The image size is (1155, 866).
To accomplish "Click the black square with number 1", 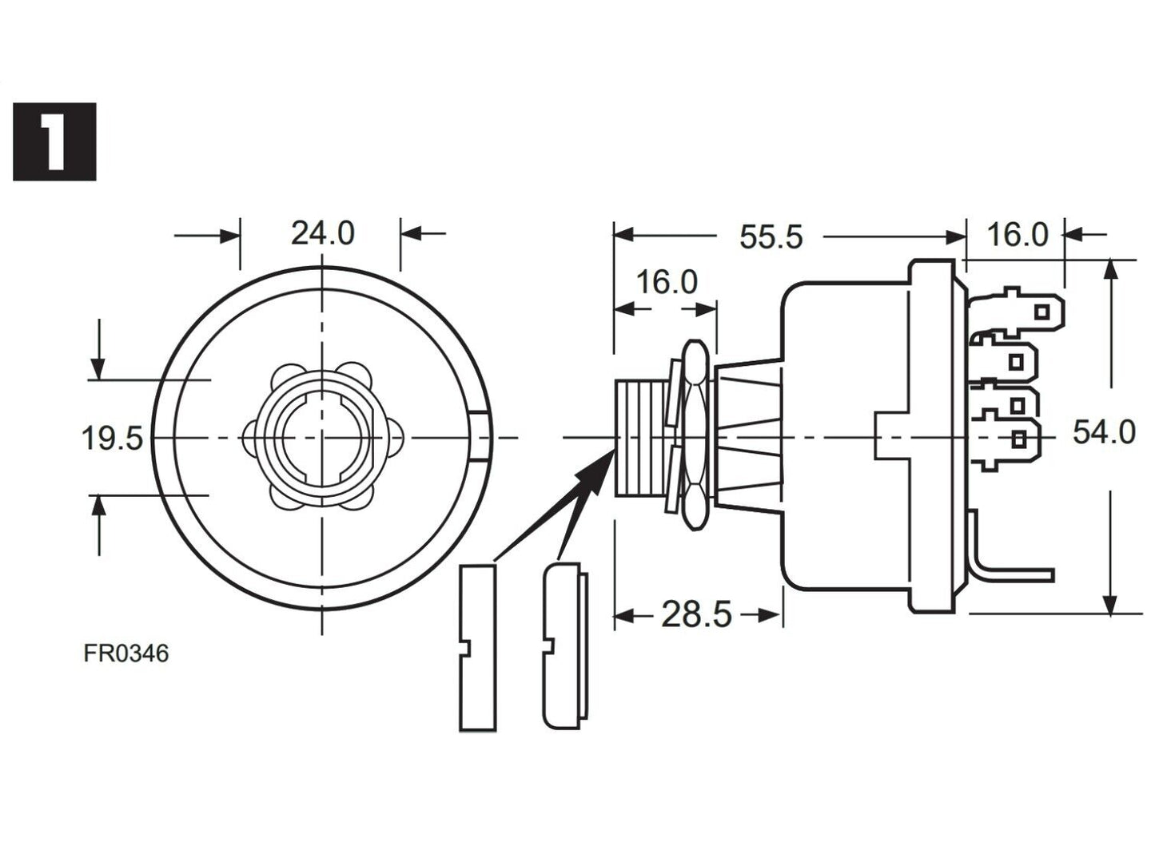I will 54,141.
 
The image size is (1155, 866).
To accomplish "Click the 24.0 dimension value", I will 322,233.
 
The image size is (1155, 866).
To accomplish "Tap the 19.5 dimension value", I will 112,438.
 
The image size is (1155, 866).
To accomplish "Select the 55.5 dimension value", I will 770,237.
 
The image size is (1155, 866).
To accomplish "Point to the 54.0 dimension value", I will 1103,432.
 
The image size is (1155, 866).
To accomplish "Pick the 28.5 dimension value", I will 696,614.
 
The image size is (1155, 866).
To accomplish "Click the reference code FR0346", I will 126,653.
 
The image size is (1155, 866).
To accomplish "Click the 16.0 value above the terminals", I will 1017,235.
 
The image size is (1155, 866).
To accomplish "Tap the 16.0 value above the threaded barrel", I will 666,282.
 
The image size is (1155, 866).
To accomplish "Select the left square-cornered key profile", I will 477,647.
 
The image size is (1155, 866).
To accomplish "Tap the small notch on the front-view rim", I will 481,437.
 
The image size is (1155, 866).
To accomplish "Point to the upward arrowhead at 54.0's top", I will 1110,270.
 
